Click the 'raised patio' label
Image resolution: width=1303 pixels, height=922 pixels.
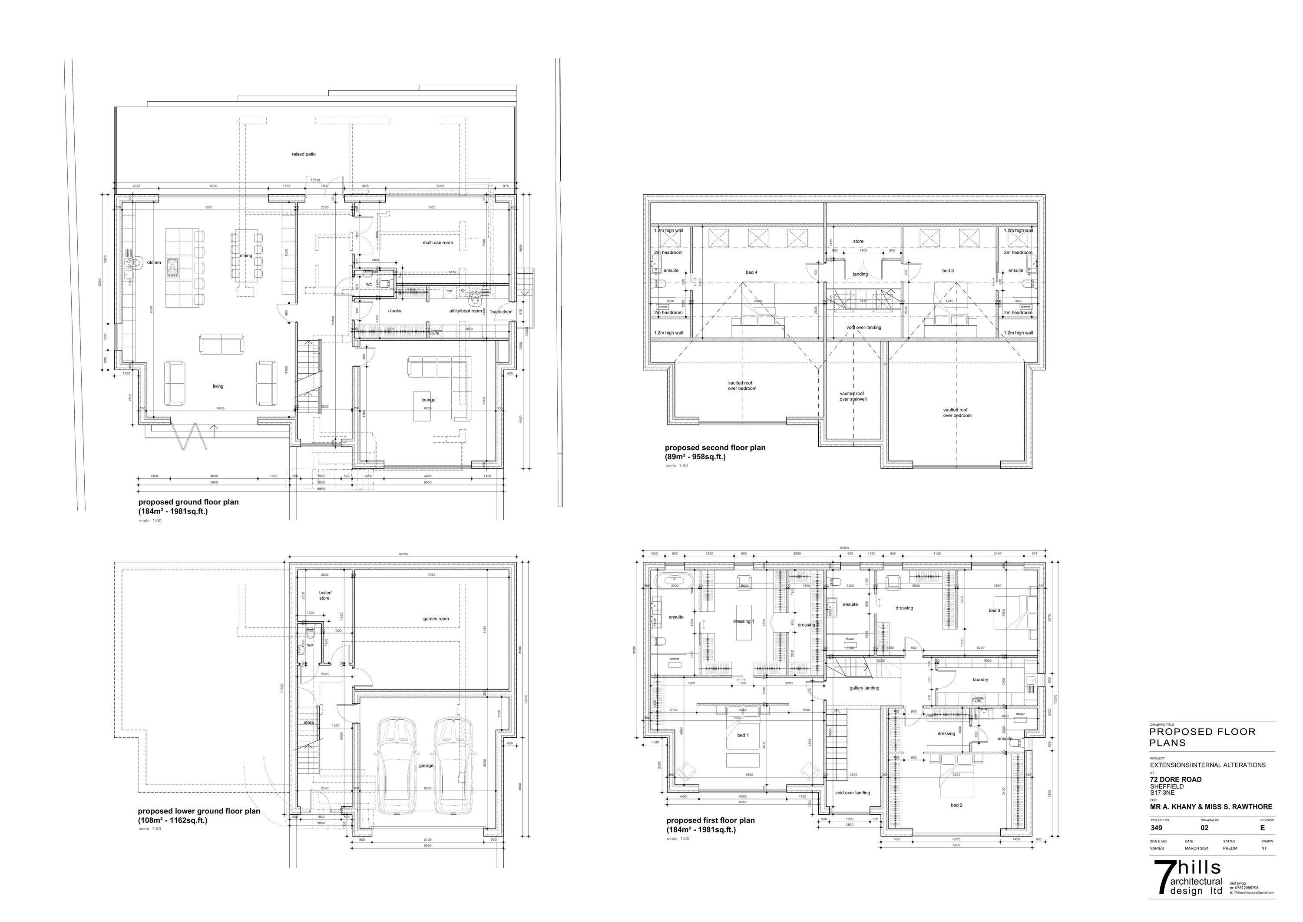tap(304, 154)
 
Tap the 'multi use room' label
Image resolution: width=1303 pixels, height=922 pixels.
tap(437, 242)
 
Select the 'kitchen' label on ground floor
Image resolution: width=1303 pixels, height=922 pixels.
tap(154, 263)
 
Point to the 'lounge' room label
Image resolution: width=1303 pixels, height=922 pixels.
tap(428, 400)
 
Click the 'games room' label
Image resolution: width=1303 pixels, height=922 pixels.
tap(435, 619)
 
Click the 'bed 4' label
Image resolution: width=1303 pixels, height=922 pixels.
tap(751, 272)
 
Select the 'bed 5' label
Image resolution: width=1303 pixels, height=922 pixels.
tap(948, 271)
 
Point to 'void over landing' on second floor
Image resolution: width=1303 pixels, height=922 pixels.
tap(864, 328)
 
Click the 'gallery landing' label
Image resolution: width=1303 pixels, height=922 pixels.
tap(864, 688)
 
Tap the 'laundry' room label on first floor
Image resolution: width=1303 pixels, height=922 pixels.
tap(980, 680)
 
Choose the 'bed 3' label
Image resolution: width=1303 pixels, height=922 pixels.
tap(994, 611)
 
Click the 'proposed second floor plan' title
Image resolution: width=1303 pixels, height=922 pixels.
tap(715, 448)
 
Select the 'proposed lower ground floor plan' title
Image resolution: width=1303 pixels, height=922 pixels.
tap(198, 811)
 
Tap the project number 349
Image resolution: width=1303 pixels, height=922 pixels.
tap(1156, 828)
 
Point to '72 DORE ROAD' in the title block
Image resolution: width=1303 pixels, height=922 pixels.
tap(1175, 779)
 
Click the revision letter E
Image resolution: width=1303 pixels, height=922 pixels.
tap(1262, 828)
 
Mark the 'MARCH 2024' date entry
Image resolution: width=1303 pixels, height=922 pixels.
tap(1196, 848)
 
